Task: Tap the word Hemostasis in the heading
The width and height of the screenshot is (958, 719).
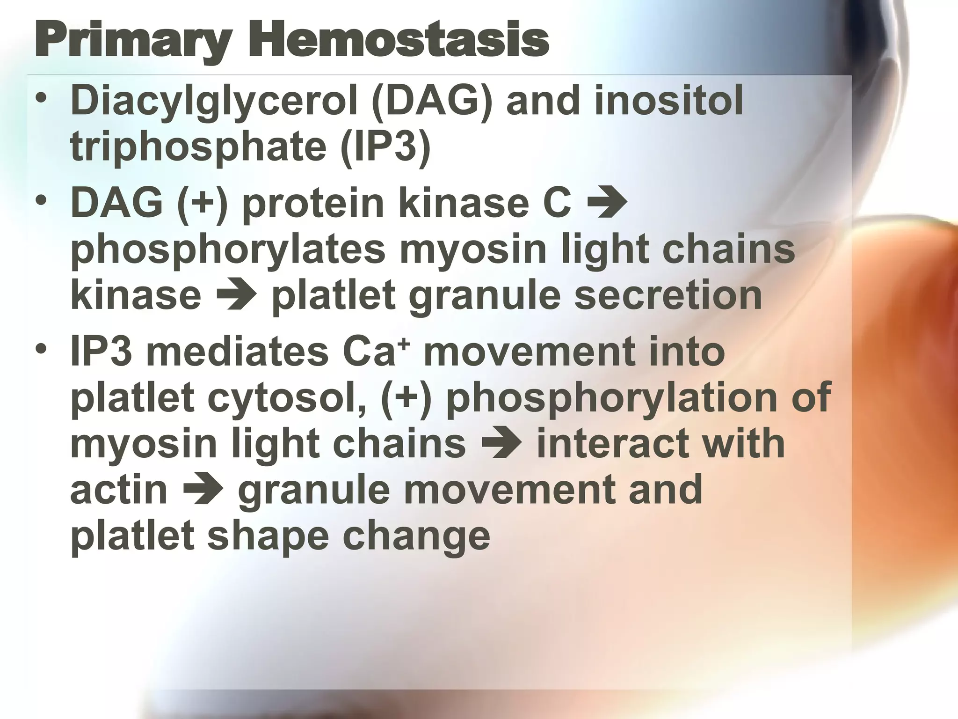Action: click(398, 41)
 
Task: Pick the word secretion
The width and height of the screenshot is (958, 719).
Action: click(668, 296)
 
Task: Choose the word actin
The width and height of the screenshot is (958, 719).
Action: click(119, 490)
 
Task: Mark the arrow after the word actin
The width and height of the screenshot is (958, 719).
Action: click(202, 490)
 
